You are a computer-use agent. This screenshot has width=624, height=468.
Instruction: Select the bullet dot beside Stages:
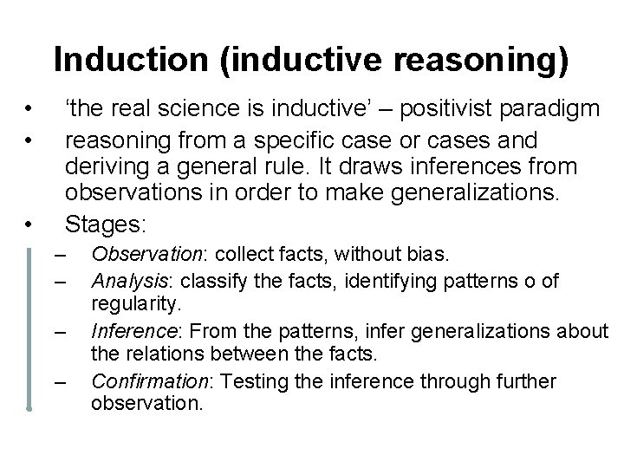(29, 225)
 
